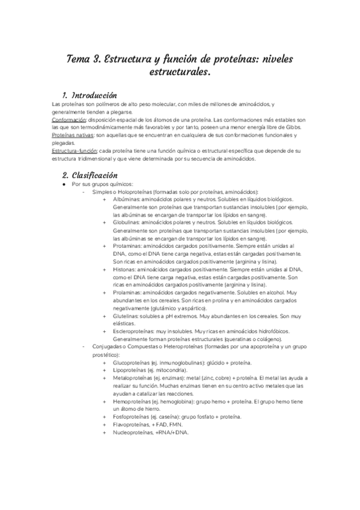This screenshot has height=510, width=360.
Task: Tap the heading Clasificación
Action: (94, 175)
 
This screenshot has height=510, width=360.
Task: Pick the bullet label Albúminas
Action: (126, 198)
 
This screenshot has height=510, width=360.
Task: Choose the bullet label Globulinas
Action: (126, 222)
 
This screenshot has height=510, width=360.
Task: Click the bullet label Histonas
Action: (124, 270)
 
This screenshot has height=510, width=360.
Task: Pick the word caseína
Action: (168, 417)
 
